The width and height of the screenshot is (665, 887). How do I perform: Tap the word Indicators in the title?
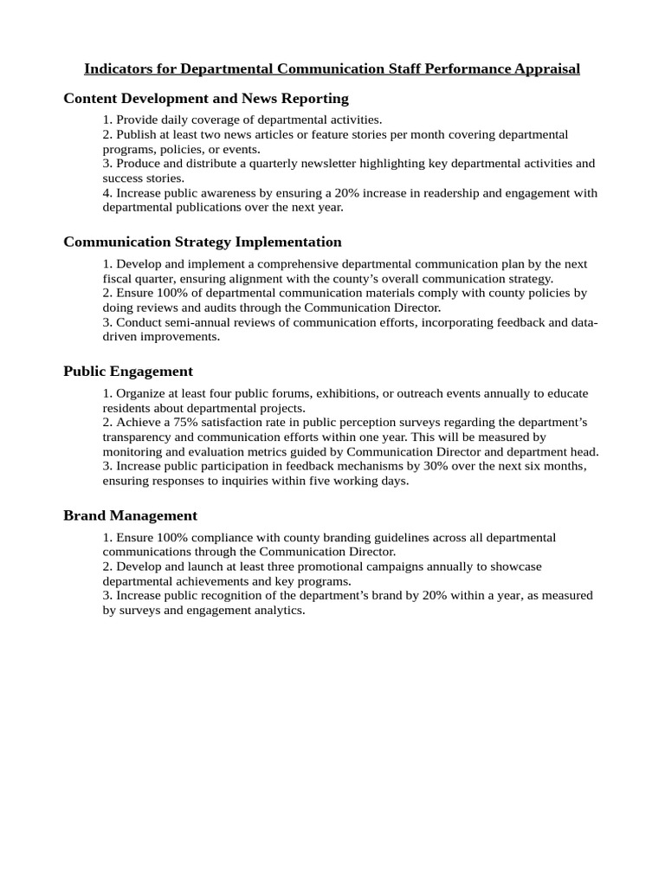[116, 68]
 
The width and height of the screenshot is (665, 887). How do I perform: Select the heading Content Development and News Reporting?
[206, 99]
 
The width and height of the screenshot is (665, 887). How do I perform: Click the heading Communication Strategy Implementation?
[203, 242]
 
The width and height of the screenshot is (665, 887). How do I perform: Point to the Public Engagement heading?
[128, 372]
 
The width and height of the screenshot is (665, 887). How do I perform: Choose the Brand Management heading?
[130, 515]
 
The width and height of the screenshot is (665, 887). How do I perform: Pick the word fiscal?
[118, 279]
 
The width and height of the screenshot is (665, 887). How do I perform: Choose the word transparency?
[137, 437]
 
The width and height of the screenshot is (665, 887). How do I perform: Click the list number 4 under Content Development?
[107, 193]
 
